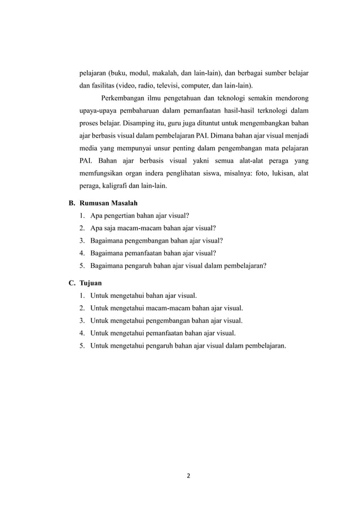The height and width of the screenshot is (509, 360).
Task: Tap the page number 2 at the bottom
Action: [x=188, y=476]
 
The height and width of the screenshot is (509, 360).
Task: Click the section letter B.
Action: [x=72, y=203]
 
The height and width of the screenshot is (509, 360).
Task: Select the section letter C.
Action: [x=72, y=281]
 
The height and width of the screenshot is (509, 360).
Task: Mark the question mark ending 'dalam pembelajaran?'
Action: [x=265, y=265]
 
